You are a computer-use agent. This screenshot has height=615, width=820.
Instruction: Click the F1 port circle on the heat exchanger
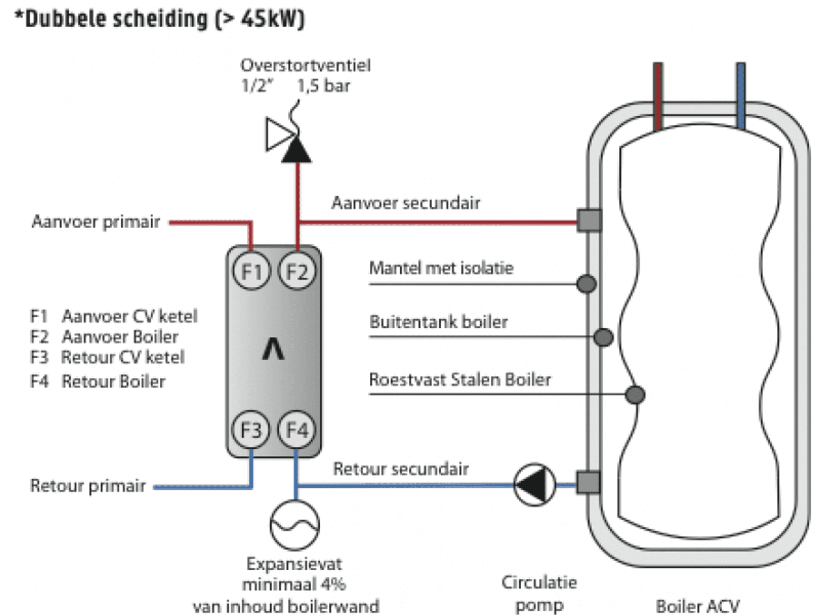click(x=251, y=271)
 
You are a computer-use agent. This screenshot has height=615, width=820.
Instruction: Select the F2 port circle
click(x=297, y=271)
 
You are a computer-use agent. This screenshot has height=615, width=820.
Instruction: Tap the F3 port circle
click(x=251, y=430)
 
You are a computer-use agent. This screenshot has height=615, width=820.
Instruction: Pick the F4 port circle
click(x=297, y=430)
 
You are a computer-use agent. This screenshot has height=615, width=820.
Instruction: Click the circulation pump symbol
click(x=534, y=485)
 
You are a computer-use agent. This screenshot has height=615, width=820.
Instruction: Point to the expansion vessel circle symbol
click(x=295, y=525)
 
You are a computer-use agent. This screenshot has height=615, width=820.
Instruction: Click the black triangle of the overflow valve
click(x=296, y=151)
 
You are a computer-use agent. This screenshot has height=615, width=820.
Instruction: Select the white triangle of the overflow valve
click(x=278, y=134)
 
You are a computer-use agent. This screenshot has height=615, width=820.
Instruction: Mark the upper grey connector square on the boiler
click(x=589, y=220)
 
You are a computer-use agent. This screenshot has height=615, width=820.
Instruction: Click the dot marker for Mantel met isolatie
click(x=586, y=284)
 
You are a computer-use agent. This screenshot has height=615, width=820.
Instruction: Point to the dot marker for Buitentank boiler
click(x=603, y=337)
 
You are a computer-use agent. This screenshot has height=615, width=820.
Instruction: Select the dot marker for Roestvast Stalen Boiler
click(x=634, y=394)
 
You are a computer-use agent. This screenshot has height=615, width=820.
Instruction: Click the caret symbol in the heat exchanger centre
click(x=273, y=349)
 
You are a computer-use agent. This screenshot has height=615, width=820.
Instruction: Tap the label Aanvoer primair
click(x=96, y=222)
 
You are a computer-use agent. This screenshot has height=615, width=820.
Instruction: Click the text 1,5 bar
click(x=323, y=86)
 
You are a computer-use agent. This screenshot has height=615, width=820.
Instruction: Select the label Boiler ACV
click(x=697, y=606)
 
